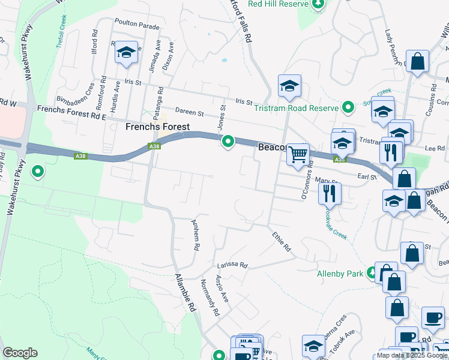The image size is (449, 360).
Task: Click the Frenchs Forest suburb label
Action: pos(157,127)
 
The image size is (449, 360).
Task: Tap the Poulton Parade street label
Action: pos(140,27)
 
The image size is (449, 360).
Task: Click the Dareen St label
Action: pos(190,112)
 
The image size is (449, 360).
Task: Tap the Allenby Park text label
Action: pos(340,274)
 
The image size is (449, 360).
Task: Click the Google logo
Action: pos(20,353)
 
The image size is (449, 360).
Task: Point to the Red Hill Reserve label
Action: pos(277,4)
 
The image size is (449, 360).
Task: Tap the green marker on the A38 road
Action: pos(228,142)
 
